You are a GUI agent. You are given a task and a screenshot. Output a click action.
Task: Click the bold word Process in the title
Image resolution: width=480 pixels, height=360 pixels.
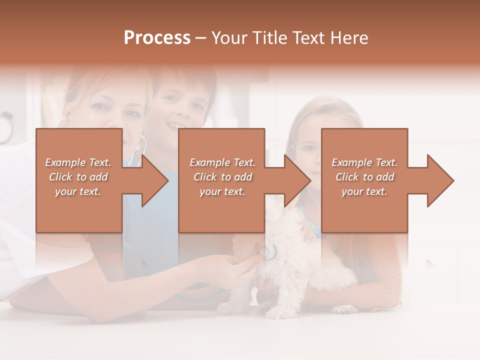pos(157,38)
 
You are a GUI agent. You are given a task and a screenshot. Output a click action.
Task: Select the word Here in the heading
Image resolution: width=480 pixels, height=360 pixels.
pos(349,38)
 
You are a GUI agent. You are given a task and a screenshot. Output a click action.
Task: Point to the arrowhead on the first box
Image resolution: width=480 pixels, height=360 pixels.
pos(152,180)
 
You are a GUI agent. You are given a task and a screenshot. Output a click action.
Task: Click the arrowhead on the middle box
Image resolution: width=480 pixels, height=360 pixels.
pos(295,180)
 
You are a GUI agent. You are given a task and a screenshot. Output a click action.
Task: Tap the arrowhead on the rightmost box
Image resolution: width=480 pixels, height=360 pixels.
pos(438,180)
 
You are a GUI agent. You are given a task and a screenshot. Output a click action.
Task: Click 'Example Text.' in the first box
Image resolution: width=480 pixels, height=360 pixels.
pos(78,162)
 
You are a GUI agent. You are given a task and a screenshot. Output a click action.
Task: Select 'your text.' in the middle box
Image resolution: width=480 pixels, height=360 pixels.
pos(222,191)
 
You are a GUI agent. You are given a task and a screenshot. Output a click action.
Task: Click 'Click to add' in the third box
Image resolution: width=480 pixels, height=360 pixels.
pos(365,177)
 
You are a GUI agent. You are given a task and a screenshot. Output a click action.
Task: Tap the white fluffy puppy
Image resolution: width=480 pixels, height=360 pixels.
pos(295,270)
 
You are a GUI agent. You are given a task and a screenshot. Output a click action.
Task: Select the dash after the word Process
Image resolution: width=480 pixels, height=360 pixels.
pos(201,38)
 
